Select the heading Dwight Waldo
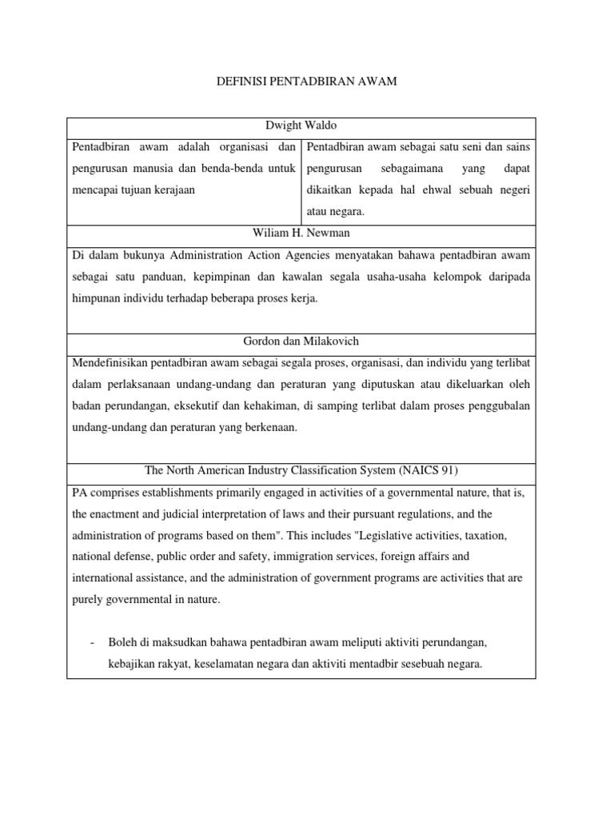[301, 127]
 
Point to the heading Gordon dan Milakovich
[301, 342]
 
